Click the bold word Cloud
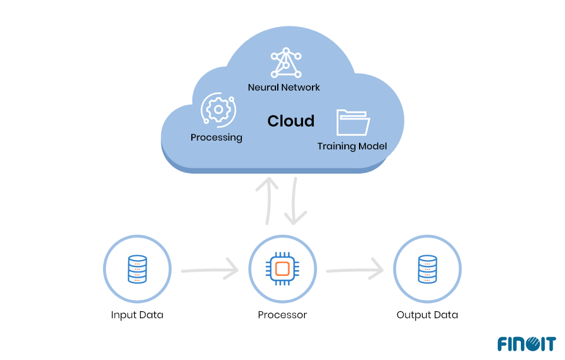click(x=291, y=121)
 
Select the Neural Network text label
click(x=284, y=87)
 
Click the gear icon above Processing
click(x=219, y=109)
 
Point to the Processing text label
click(x=216, y=138)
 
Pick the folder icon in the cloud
click(x=353, y=122)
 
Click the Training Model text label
click(x=352, y=146)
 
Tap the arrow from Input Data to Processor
click(x=210, y=270)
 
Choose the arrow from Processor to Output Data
click(x=355, y=270)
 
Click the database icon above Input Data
click(x=137, y=269)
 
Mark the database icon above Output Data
click(x=427, y=269)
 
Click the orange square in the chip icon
click(x=282, y=269)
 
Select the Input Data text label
click(x=137, y=315)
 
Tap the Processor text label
click(x=282, y=315)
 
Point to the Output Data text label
click(x=427, y=315)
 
